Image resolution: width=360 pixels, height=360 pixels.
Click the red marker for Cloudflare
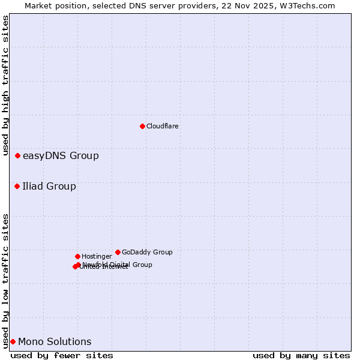(x=142, y=126)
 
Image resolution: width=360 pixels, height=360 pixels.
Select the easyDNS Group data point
(x=17, y=155)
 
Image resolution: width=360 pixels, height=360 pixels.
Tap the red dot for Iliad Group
(x=17, y=186)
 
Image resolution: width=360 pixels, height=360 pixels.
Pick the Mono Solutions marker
(x=13, y=341)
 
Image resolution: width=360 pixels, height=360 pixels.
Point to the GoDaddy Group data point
(x=118, y=252)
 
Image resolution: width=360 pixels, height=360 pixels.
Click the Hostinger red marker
(x=77, y=256)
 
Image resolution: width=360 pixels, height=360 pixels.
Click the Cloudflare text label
(x=162, y=126)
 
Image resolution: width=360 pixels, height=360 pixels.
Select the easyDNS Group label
(x=61, y=156)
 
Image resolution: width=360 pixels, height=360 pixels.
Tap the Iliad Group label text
(x=49, y=186)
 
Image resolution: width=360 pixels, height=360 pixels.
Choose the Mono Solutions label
(x=55, y=342)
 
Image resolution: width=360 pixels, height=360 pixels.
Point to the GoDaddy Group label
(x=147, y=252)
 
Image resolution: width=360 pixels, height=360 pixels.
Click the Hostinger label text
(x=97, y=256)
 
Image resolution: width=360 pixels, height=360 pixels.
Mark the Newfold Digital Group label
(x=118, y=264)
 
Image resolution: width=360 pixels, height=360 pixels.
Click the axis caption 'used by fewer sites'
(x=62, y=355)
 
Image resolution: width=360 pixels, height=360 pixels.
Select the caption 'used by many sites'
(x=301, y=355)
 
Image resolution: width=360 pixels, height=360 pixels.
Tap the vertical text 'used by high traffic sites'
(x=5, y=86)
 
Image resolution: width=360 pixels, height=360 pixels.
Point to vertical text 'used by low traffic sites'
(x=5, y=280)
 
